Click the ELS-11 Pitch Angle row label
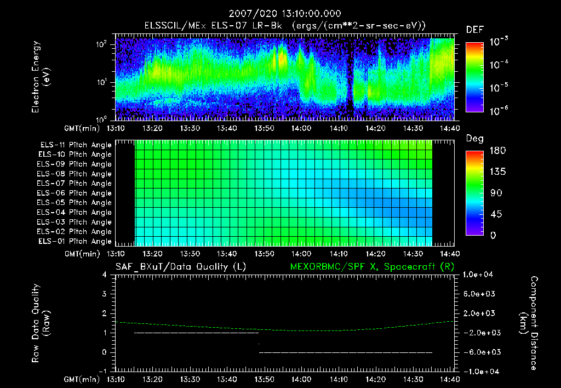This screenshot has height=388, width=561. click(x=75, y=145)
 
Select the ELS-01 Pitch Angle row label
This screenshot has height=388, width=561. click(x=75, y=241)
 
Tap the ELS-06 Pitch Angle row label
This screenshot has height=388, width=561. click(x=75, y=193)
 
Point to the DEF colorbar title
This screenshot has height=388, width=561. click(x=474, y=30)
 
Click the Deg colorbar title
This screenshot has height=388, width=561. click(x=474, y=139)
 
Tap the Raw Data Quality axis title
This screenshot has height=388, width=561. click(x=41, y=323)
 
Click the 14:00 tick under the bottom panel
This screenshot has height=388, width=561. click(x=301, y=379)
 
